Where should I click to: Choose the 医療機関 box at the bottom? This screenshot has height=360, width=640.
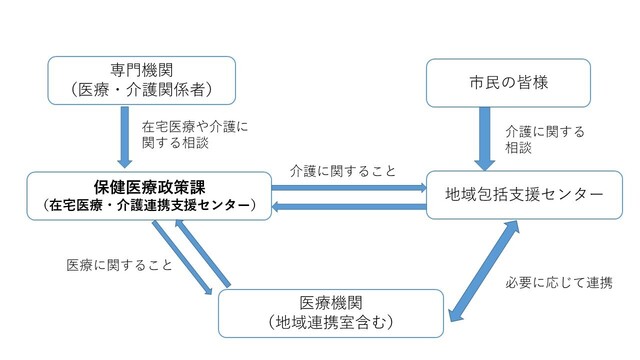331,311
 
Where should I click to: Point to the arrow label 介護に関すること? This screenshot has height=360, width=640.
343,170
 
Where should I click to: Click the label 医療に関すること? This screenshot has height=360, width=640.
119,266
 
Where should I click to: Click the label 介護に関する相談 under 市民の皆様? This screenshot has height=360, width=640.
544,138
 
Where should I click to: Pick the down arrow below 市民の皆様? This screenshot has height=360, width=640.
484,140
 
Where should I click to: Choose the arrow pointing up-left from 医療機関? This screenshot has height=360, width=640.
204,256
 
